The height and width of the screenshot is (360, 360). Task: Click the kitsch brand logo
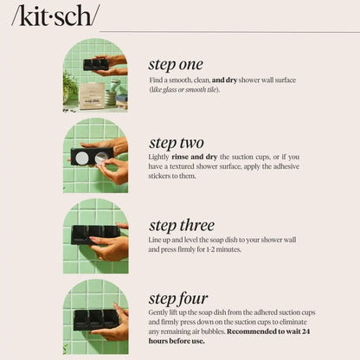[x=54, y=16]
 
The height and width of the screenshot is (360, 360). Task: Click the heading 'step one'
[x=176, y=64]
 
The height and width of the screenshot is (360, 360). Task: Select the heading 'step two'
[x=177, y=143]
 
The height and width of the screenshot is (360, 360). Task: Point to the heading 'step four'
[x=178, y=299]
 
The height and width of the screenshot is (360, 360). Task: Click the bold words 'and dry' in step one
[x=229, y=80]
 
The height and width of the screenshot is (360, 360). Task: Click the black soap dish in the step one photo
[x=95, y=64]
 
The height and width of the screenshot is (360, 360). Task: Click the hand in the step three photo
[x=111, y=247]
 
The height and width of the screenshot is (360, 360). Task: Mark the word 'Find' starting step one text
[x=157, y=80]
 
